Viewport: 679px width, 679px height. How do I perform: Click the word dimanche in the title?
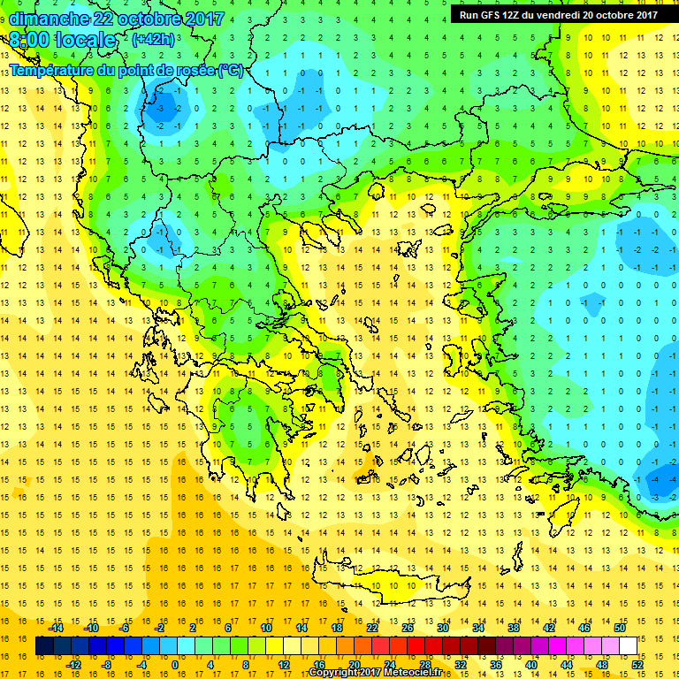point(50,18)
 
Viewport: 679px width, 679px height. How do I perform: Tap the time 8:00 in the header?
point(31,40)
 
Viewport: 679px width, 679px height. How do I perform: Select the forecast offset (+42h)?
point(152,40)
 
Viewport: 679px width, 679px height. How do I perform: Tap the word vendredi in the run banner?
point(560,14)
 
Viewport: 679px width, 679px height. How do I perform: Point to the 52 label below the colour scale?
point(637,664)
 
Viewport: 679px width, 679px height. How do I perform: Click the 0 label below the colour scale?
point(176,664)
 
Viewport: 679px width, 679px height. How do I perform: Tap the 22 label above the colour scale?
point(372,627)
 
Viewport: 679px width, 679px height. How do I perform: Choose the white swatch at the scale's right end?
point(628,645)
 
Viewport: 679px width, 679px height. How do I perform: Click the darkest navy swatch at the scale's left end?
point(44,645)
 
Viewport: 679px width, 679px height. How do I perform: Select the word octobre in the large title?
point(147,18)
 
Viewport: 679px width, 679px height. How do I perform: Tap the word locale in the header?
point(85,40)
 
